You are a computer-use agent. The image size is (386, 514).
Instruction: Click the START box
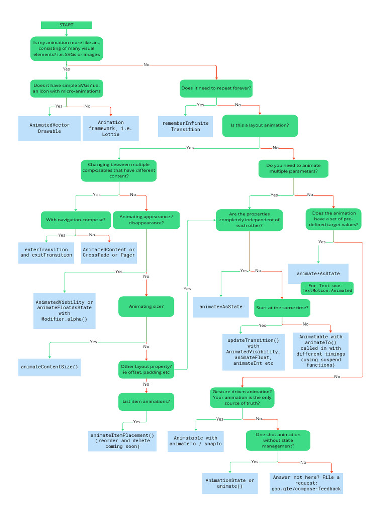(x=66, y=25)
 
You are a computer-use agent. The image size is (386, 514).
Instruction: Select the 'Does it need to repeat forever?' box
(x=216, y=88)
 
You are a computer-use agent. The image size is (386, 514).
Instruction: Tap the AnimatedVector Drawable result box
(x=50, y=128)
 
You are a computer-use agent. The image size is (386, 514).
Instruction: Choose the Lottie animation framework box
(x=111, y=128)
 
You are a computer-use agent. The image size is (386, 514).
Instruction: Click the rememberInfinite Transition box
(x=185, y=126)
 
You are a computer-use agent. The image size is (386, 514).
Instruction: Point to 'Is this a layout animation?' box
(x=260, y=125)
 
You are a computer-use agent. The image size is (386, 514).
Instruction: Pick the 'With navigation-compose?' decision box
(x=76, y=220)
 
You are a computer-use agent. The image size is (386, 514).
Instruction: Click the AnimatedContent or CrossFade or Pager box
(x=109, y=252)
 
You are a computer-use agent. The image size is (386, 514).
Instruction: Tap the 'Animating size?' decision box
(x=146, y=306)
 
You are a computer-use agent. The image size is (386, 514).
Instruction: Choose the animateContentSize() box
(x=50, y=367)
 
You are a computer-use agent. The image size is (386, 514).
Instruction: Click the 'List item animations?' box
(x=146, y=401)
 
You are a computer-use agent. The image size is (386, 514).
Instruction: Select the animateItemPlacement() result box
(x=123, y=440)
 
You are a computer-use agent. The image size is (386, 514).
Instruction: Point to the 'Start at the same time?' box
(x=282, y=307)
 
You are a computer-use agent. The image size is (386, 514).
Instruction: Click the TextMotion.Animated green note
(x=327, y=288)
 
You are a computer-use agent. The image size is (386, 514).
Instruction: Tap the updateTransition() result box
(x=253, y=351)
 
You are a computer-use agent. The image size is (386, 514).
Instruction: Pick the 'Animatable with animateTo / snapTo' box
(x=196, y=441)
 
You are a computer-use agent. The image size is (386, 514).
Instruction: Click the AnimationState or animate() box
(x=230, y=483)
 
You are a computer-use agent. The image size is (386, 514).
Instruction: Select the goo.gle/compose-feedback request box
(x=307, y=483)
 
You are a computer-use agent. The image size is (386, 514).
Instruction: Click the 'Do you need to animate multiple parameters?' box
(x=294, y=168)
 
